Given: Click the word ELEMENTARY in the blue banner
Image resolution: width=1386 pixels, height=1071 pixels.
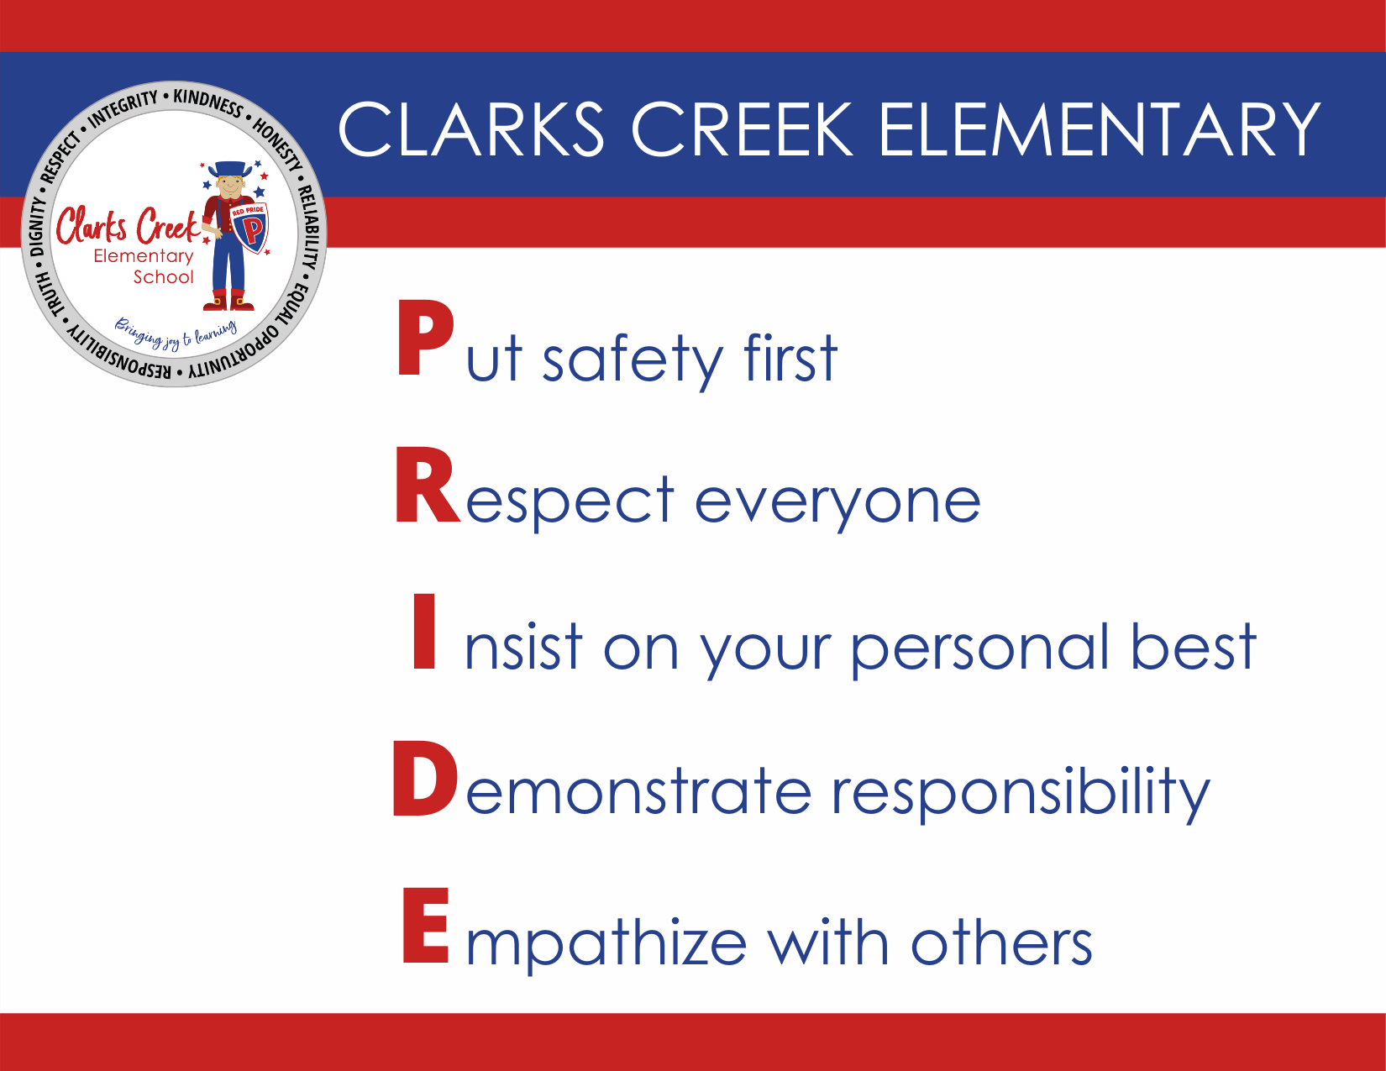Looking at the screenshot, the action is (1100, 129).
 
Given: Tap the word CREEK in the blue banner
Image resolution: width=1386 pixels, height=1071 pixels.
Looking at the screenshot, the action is (742, 129).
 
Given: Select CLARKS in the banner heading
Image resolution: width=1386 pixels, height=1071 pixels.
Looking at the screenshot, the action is (471, 129).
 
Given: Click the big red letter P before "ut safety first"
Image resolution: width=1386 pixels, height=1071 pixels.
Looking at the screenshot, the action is (425, 338).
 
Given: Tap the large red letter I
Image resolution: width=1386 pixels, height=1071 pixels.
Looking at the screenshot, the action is (424, 631).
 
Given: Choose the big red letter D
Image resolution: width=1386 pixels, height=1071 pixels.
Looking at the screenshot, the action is (425, 778).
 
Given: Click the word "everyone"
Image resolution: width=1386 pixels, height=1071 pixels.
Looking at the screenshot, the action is (837, 505).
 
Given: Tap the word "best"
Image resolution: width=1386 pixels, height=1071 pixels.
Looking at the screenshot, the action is (1194, 646).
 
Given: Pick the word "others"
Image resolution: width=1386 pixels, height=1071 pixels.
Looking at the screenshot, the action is (1001, 942).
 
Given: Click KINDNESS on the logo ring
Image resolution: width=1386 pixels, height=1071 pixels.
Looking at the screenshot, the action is (208, 103).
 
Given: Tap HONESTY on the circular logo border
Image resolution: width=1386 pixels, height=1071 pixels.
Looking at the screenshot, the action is (277, 144).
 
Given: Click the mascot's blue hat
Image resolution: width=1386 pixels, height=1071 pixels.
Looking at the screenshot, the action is (229, 169).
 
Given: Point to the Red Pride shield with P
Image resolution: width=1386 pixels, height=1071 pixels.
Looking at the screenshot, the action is (249, 228).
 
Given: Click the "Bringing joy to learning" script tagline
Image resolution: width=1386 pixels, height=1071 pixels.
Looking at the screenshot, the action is (176, 333).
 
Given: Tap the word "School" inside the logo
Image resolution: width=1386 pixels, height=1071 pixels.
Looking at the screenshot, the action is (163, 277).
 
